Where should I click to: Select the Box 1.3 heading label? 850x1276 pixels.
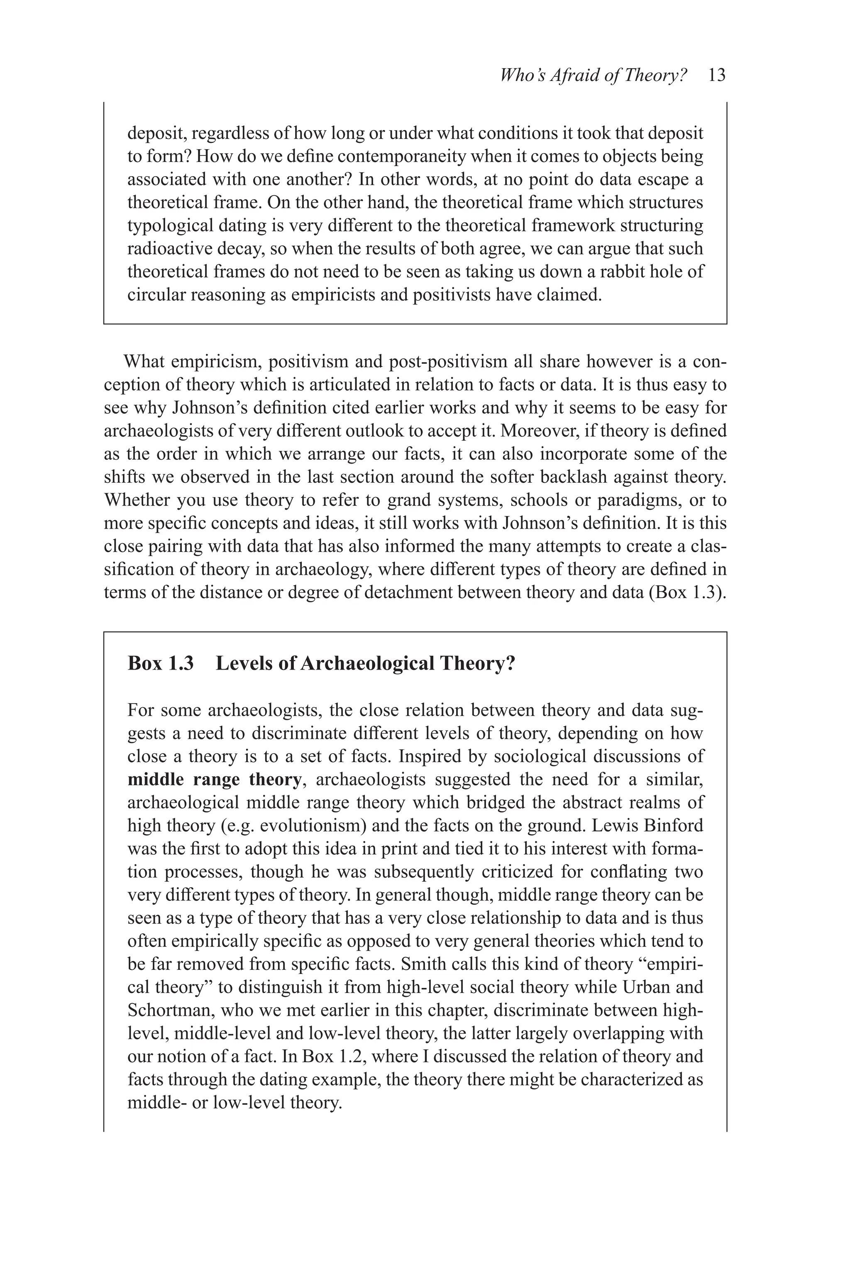[161, 663]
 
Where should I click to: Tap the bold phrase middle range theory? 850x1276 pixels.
[215, 780]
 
